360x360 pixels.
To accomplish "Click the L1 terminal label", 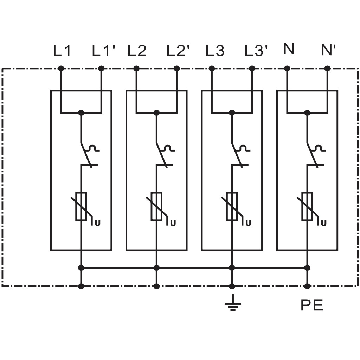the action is pos(62,51).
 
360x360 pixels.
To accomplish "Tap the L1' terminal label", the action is pos(103,51).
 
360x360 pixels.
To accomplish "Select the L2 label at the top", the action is pos(137,51).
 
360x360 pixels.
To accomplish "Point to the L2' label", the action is pos(178,51).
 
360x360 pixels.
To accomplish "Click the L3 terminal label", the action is pos(215,51).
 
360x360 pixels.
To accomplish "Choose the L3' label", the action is pos(256,51).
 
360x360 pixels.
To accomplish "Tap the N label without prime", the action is pos(289,49).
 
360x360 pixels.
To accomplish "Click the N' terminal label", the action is pos(329,50).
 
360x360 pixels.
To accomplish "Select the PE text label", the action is pos(312,305).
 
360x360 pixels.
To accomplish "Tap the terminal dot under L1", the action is pos(61,69).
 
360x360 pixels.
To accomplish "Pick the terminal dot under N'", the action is pos(328,69).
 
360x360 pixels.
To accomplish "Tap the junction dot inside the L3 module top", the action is pos(232,113).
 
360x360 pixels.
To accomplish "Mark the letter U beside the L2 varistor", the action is pos(173,223).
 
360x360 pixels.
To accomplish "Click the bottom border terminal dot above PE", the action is pos(307,286).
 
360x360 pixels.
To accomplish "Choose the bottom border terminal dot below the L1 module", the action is pos(81,286).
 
